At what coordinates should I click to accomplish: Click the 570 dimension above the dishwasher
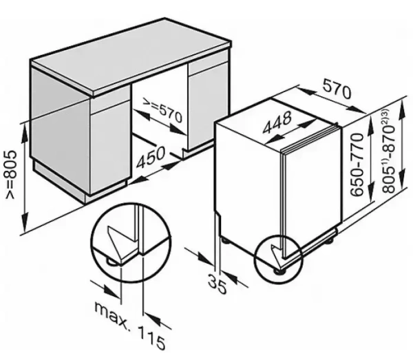[337, 90]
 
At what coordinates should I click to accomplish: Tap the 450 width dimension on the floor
[150, 161]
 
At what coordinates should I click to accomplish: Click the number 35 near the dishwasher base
[217, 281]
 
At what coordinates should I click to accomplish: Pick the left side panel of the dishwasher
[248, 179]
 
